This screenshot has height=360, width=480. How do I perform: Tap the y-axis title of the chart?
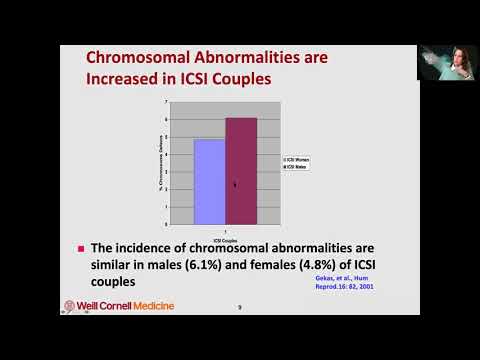[x=154, y=162]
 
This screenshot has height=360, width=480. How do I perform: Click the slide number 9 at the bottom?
[x=239, y=307]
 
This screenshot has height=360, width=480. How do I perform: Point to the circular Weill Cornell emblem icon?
[x=69, y=305]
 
